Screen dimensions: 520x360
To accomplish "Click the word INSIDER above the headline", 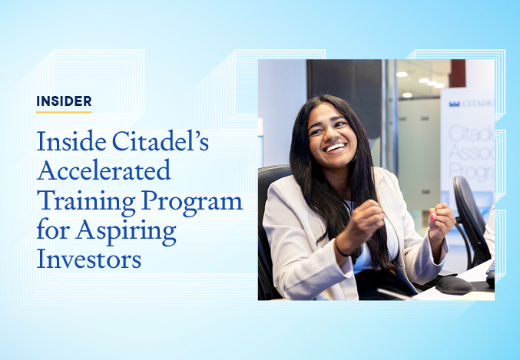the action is [64, 101].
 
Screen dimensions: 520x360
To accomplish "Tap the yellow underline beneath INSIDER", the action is [64, 112].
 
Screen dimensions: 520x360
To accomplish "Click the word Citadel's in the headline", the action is [161, 141].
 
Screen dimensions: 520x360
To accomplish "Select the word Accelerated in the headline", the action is [104, 170].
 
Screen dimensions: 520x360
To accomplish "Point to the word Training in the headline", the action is [86, 202].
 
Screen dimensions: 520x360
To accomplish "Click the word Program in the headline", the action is [193, 202].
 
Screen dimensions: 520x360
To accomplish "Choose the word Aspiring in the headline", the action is [126, 231].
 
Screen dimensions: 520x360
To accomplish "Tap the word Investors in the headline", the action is [89, 258].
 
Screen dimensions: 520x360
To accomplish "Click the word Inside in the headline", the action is [71, 141].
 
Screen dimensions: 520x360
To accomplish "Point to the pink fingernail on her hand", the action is [432, 217].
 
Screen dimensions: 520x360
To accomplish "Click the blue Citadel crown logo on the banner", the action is [455, 104].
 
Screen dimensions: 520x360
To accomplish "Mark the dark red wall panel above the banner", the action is [458, 73].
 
